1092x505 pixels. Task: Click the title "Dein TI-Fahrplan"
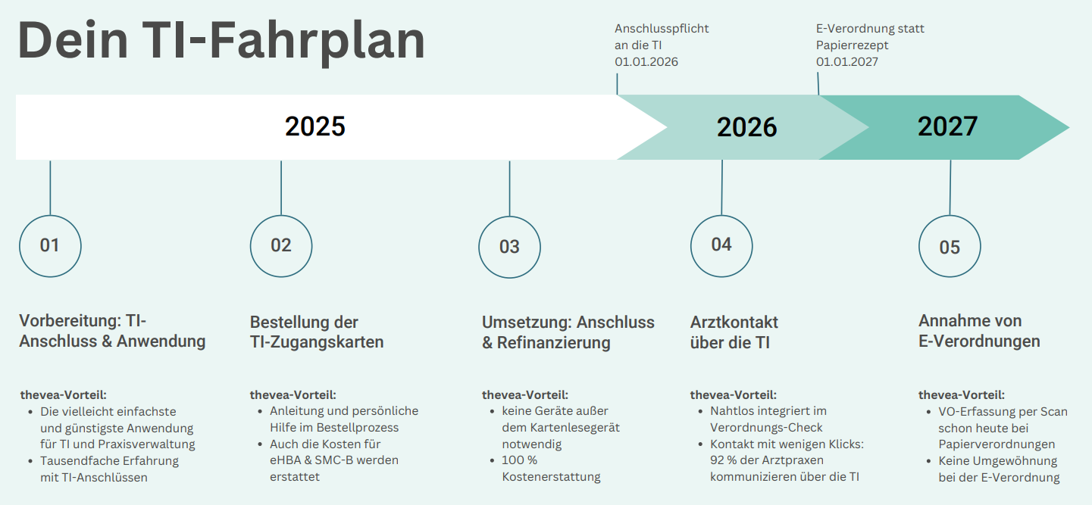221,41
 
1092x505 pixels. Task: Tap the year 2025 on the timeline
315,126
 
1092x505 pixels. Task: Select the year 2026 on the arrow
746,128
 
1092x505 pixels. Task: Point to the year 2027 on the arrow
947,126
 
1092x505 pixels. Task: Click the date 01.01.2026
646,62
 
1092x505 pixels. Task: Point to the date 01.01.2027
847,62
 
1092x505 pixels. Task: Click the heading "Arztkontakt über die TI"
734,332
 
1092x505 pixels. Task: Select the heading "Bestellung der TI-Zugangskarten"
317,332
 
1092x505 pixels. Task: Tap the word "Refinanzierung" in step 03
553,343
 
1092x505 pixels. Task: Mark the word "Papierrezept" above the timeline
852,45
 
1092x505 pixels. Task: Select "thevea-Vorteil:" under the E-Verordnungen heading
962,395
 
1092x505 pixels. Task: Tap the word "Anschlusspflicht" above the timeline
662,29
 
